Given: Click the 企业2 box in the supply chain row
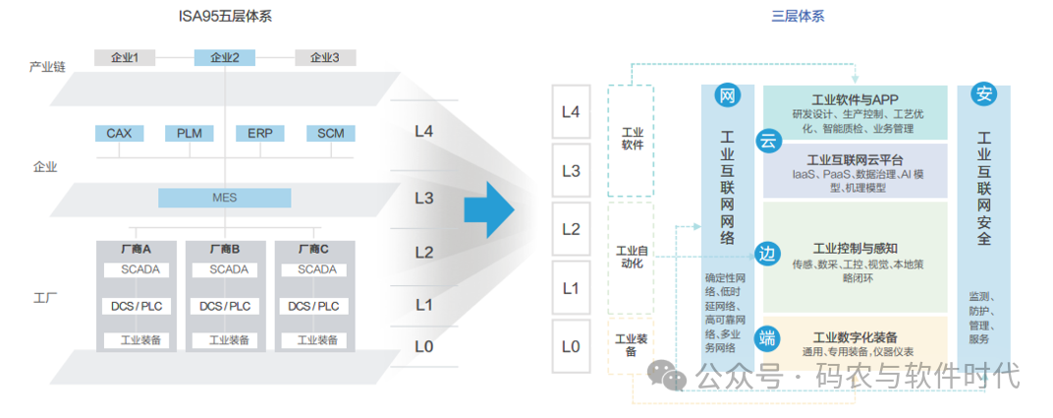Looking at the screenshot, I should click(224, 57).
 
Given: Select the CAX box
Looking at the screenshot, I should click(119, 133).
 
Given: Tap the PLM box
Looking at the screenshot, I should click(189, 133).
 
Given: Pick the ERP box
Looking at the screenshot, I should click(259, 133).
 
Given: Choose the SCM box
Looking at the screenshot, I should click(330, 133).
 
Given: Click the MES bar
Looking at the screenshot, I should click(224, 198).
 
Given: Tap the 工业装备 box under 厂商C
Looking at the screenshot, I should click(316, 340).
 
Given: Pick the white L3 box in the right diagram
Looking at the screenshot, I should click(571, 171).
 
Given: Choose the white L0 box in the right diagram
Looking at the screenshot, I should click(571, 346).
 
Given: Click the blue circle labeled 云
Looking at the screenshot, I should click(768, 142).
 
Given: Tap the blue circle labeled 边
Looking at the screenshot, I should click(768, 253).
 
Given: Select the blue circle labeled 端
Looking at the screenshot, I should click(768, 338).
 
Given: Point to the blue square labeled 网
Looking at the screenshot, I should click(728, 95).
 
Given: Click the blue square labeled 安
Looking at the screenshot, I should click(983, 95).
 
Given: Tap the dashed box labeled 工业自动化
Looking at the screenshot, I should click(631, 258).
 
